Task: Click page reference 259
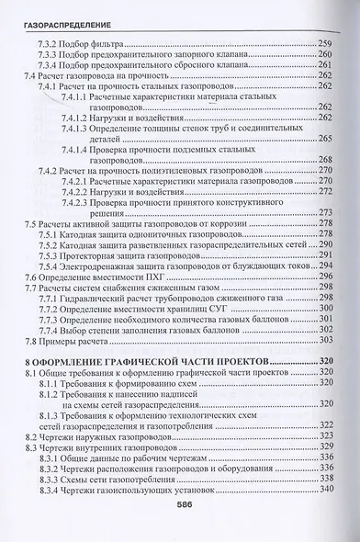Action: [328, 42]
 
